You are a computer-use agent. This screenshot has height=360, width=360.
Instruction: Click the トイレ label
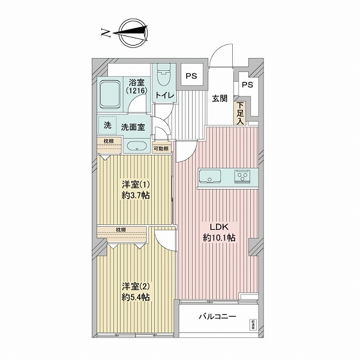pyautogui.click(x=164, y=96)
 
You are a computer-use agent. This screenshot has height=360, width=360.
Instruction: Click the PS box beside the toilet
pyautogui.click(x=191, y=76)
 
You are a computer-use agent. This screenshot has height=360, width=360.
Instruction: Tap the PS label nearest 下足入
pyautogui.click(x=247, y=85)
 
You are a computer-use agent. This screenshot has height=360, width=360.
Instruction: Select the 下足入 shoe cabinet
pyautogui.click(x=240, y=112)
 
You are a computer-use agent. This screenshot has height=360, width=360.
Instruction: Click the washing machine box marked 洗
pyautogui.click(x=107, y=125)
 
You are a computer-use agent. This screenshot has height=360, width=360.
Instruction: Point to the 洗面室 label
pyautogui.click(x=133, y=127)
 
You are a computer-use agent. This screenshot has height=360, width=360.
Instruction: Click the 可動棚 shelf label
pyautogui.click(x=161, y=148)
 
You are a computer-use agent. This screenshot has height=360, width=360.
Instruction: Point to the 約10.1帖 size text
pyautogui.click(x=218, y=238)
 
